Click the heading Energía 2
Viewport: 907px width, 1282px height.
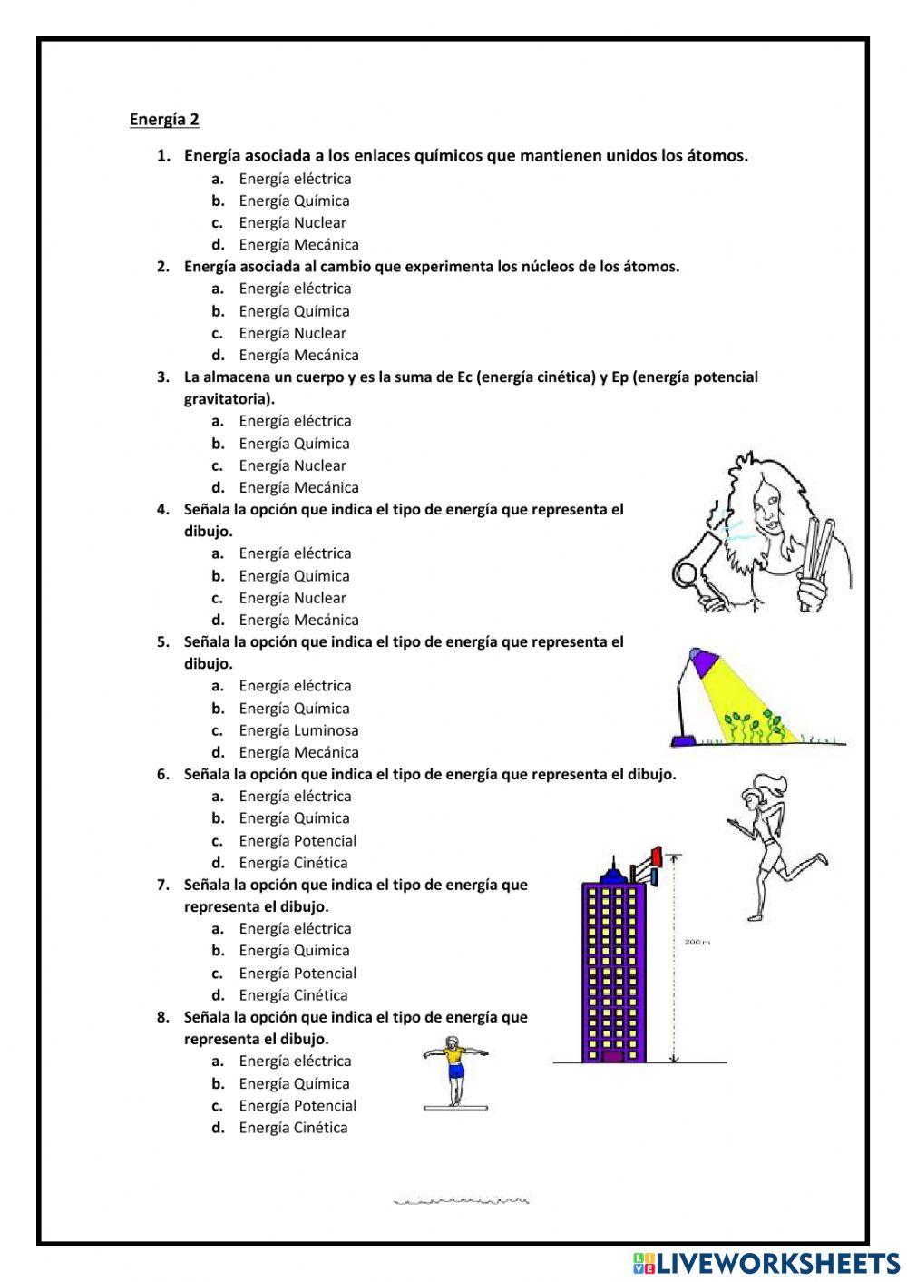pos(164,119)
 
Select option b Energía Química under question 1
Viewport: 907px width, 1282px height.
pos(294,201)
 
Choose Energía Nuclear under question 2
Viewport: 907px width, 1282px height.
pos(292,333)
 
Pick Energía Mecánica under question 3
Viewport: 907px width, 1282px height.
pos(298,487)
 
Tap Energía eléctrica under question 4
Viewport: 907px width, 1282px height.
pos(295,553)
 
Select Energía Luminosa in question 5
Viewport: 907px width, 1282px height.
pos(298,730)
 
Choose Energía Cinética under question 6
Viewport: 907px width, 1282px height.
pos(293,863)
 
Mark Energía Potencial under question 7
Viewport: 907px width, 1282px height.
pos(297,973)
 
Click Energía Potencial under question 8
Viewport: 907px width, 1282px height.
pos(297,1105)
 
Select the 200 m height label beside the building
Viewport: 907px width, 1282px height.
pos(696,943)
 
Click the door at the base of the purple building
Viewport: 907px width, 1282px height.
pos(613,1056)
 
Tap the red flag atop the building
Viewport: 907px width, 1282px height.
pos(657,855)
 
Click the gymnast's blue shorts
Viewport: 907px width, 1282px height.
pos(455,1071)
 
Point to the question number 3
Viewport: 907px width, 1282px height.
pos(163,377)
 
